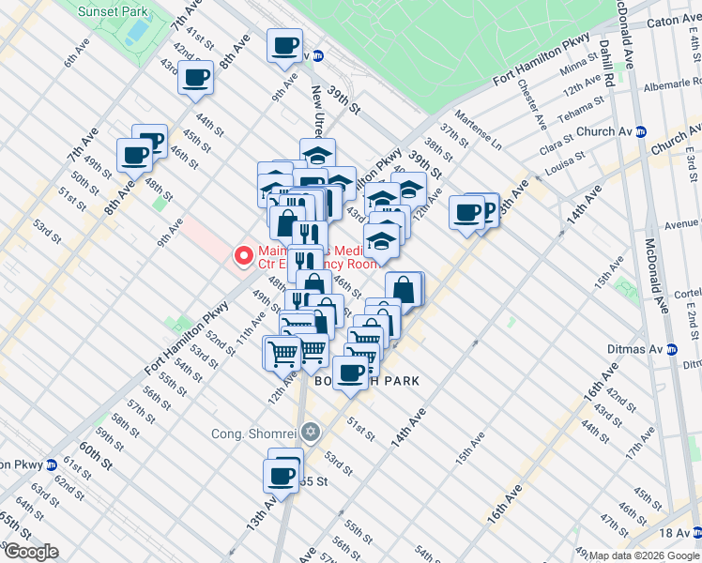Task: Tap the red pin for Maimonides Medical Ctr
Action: (x=242, y=254)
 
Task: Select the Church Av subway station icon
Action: (x=640, y=132)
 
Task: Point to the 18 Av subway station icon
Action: (x=695, y=532)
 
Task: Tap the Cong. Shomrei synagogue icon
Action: (x=311, y=433)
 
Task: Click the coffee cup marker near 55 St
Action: (x=282, y=474)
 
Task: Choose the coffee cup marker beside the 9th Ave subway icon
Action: (x=284, y=45)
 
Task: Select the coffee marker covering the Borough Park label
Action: (x=351, y=373)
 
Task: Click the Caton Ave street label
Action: (x=667, y=19)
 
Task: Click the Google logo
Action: (x=30, y=552)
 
